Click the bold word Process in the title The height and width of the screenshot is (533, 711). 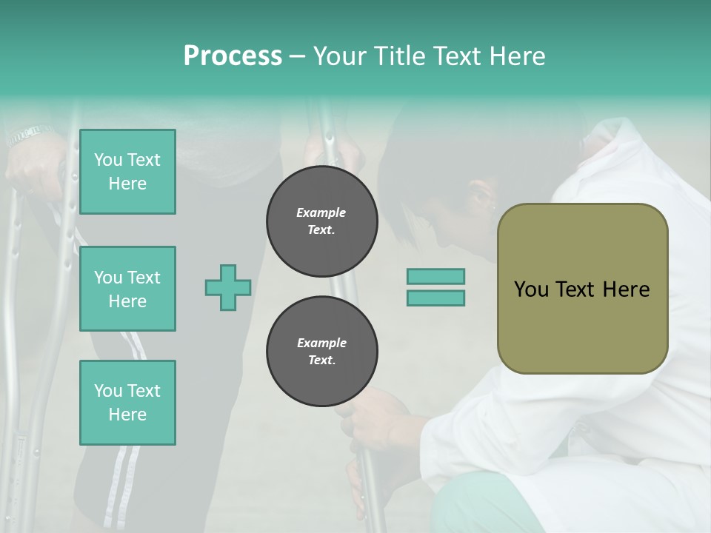pyautogui.click(x=233, y=56)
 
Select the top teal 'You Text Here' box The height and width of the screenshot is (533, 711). pyautogui.click(x=127, y=172)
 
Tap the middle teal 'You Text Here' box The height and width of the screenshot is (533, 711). pyautogui.click(x=127, y=289)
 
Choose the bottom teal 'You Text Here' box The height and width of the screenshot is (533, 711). pyautogui.click(x=127, y=403)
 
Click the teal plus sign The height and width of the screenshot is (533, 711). pyautogui.click(x=228, y=287)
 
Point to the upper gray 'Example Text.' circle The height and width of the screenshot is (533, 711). pyautogui.click(x=321, y=221)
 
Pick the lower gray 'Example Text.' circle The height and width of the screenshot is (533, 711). pyautogui.click(x=321, y=352)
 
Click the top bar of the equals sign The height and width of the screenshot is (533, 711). pyautogui.click(x=435, y=277)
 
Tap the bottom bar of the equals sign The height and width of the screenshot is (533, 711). pyautogui.click(x=435, y=298)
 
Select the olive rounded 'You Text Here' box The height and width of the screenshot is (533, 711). pyautogui.click(x=582, y=289)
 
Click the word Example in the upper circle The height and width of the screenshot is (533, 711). pyautogui.click(x=321, y=212)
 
